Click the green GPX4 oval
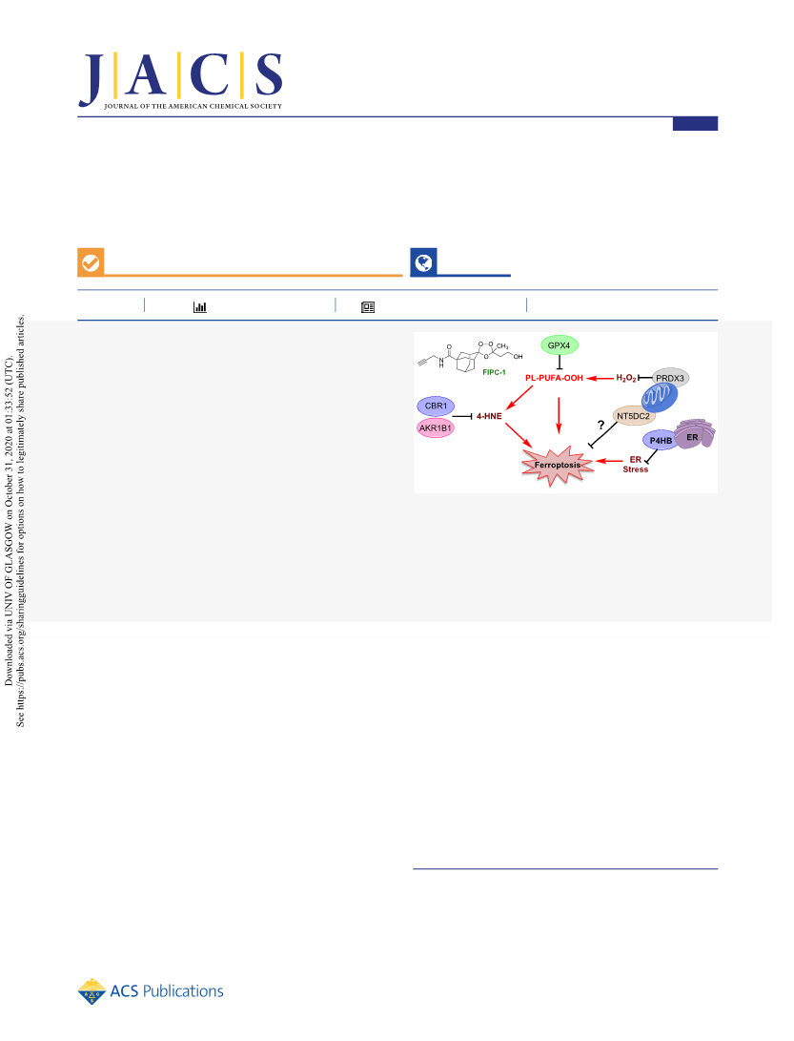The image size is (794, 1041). point(560,345)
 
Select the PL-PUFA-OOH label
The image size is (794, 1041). point(554,378)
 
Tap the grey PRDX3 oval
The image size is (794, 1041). point(670,378)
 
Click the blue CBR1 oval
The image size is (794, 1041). point(436,406)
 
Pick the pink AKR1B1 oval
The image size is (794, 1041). point(436,428)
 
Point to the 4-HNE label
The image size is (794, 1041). point(489,416)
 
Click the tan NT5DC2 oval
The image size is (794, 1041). point(634,416)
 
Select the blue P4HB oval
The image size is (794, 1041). point(661,440)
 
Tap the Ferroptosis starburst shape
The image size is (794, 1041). point(558,466)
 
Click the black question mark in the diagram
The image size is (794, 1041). point(601,425)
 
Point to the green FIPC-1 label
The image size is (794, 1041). point(494,372)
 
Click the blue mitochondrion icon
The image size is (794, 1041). point(660,397)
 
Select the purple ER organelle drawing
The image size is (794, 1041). point(695,433)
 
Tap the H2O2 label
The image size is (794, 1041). point(626,378)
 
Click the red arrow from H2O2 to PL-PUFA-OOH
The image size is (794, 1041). point(601,379)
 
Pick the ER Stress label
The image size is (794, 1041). point(636,464)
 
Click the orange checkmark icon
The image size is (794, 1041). point(91,262)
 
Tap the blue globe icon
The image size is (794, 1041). point(424,262)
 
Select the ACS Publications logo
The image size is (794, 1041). point(151,991)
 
